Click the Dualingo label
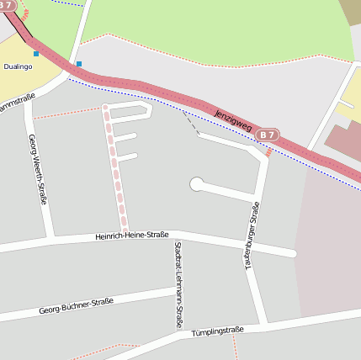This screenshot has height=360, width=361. coord(18,66)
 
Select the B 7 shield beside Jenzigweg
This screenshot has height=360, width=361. coord(268,135)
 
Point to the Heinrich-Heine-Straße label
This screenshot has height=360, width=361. coord(131,236)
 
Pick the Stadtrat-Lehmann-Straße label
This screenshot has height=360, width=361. coord(178,284)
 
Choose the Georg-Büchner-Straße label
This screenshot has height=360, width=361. coord(76,306)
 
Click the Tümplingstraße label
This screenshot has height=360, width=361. coord(216,332)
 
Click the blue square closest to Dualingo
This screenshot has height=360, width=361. coord(36,54)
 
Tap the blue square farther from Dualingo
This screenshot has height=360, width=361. coord(79,63)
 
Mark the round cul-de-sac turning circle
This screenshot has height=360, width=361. coord(197,183)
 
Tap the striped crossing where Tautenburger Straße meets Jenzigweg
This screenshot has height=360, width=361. coord(268,152)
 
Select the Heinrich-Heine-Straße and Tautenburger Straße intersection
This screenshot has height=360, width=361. coord(251,245)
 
